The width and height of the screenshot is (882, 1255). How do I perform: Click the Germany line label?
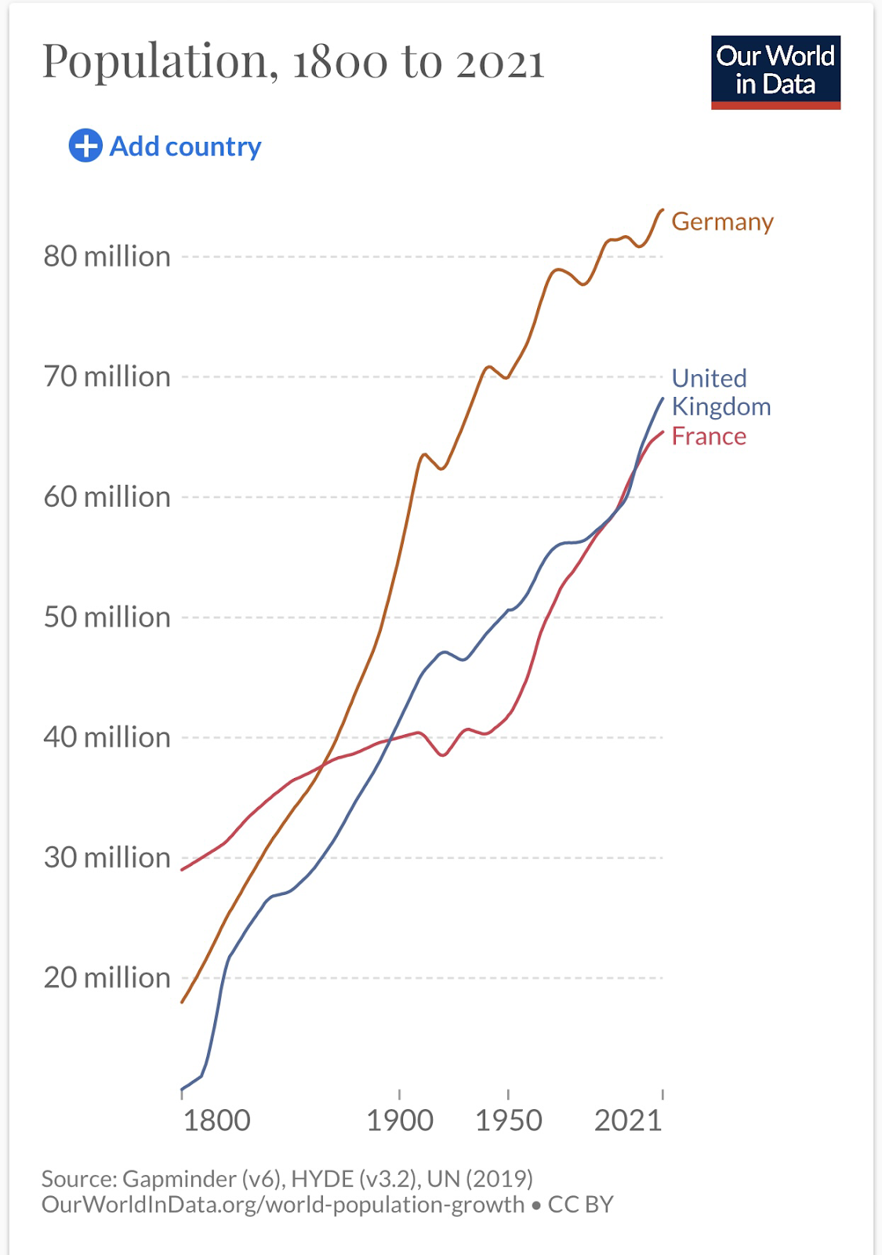pos(722,222)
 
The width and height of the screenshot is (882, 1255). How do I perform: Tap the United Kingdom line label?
pos(720,392)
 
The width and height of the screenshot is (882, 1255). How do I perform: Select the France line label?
pos(709,436)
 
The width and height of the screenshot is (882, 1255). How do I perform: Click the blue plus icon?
pos(85,146)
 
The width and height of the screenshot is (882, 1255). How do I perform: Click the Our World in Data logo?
pos(775,71)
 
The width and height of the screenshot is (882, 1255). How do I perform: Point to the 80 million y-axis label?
pos(107,256)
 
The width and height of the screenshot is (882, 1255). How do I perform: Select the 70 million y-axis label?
pos(107,376)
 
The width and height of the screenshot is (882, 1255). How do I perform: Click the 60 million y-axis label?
pos(107,497)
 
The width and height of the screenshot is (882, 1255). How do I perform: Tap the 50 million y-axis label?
pos(107,617)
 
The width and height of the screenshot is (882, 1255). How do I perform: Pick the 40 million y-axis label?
pos(107,737)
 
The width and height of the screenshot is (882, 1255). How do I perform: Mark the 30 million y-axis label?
pos(107,857)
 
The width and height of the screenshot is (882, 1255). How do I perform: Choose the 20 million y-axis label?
pos(107,978)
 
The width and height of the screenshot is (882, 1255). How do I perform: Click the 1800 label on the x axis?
pos(216,1121)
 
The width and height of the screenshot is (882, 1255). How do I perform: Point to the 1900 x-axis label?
pos(400,1121)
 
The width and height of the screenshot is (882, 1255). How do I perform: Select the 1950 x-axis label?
pos(509,1121)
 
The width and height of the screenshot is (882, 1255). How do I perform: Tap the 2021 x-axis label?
pos(628,1121)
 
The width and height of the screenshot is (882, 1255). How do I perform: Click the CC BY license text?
pos(580,1205)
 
